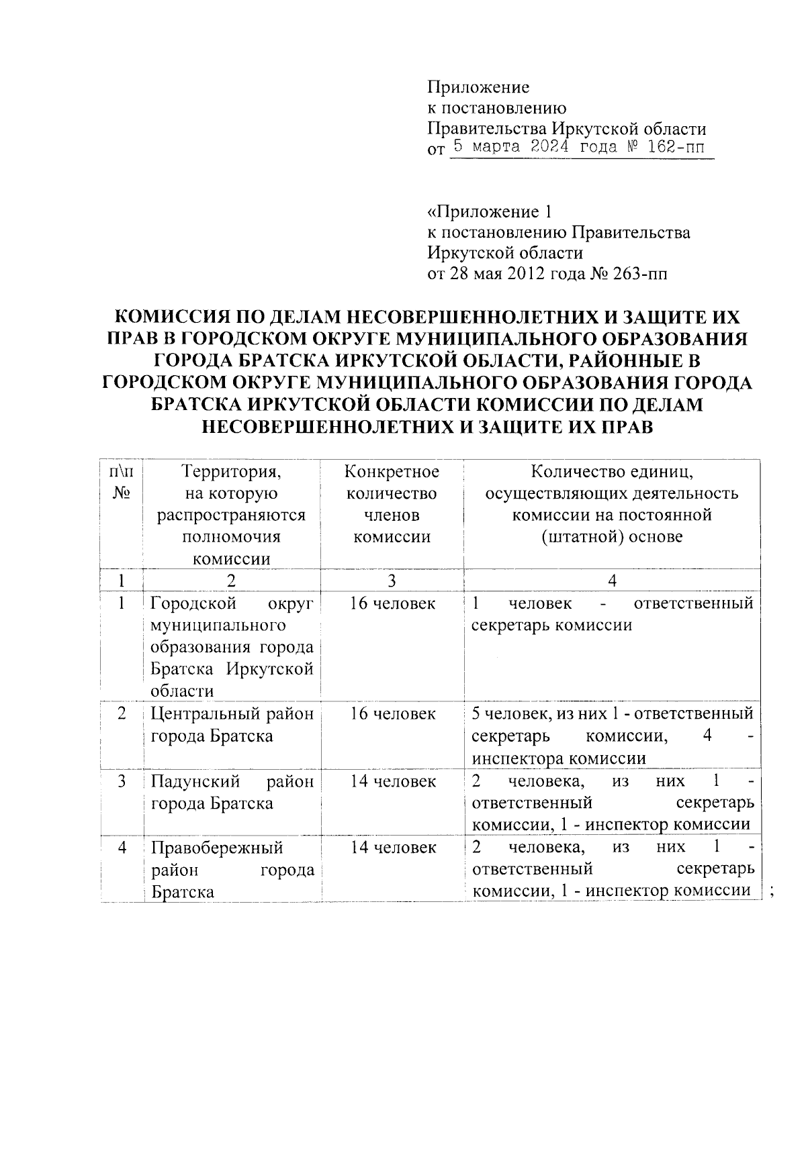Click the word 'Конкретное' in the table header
(392, 471)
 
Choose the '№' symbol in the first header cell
(121, 493)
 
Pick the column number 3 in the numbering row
(392, 581)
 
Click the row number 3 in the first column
(122, 781)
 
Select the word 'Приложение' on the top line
(478, 87)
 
